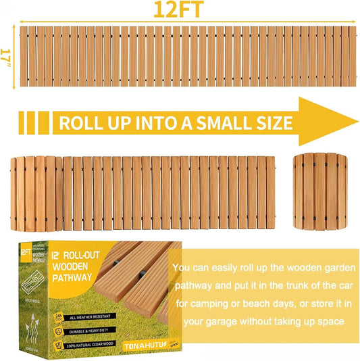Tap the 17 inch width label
tap(6, 55)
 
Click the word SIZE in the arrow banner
tap(274, 123)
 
